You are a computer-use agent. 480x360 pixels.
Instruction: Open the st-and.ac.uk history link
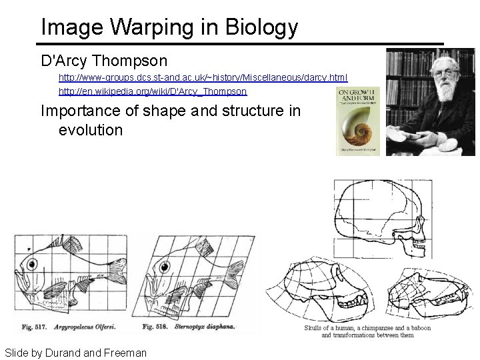pos(203,78)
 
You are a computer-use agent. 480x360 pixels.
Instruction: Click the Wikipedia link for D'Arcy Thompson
pos(153,91)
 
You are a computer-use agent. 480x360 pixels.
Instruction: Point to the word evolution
pos(91,129)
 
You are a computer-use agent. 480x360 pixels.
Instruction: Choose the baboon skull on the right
pos(424,294)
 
